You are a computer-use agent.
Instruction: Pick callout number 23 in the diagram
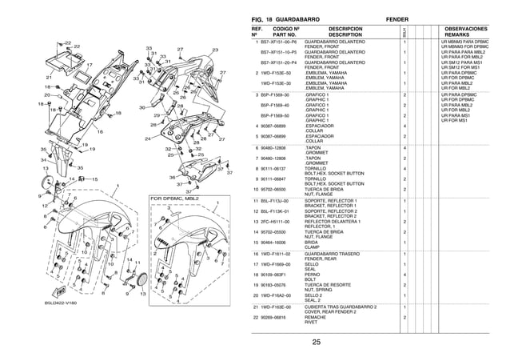click(x=215, y=50)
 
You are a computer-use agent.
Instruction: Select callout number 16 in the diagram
click(x=100, y=132)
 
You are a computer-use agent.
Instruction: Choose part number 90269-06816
click(x=277, y=317)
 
